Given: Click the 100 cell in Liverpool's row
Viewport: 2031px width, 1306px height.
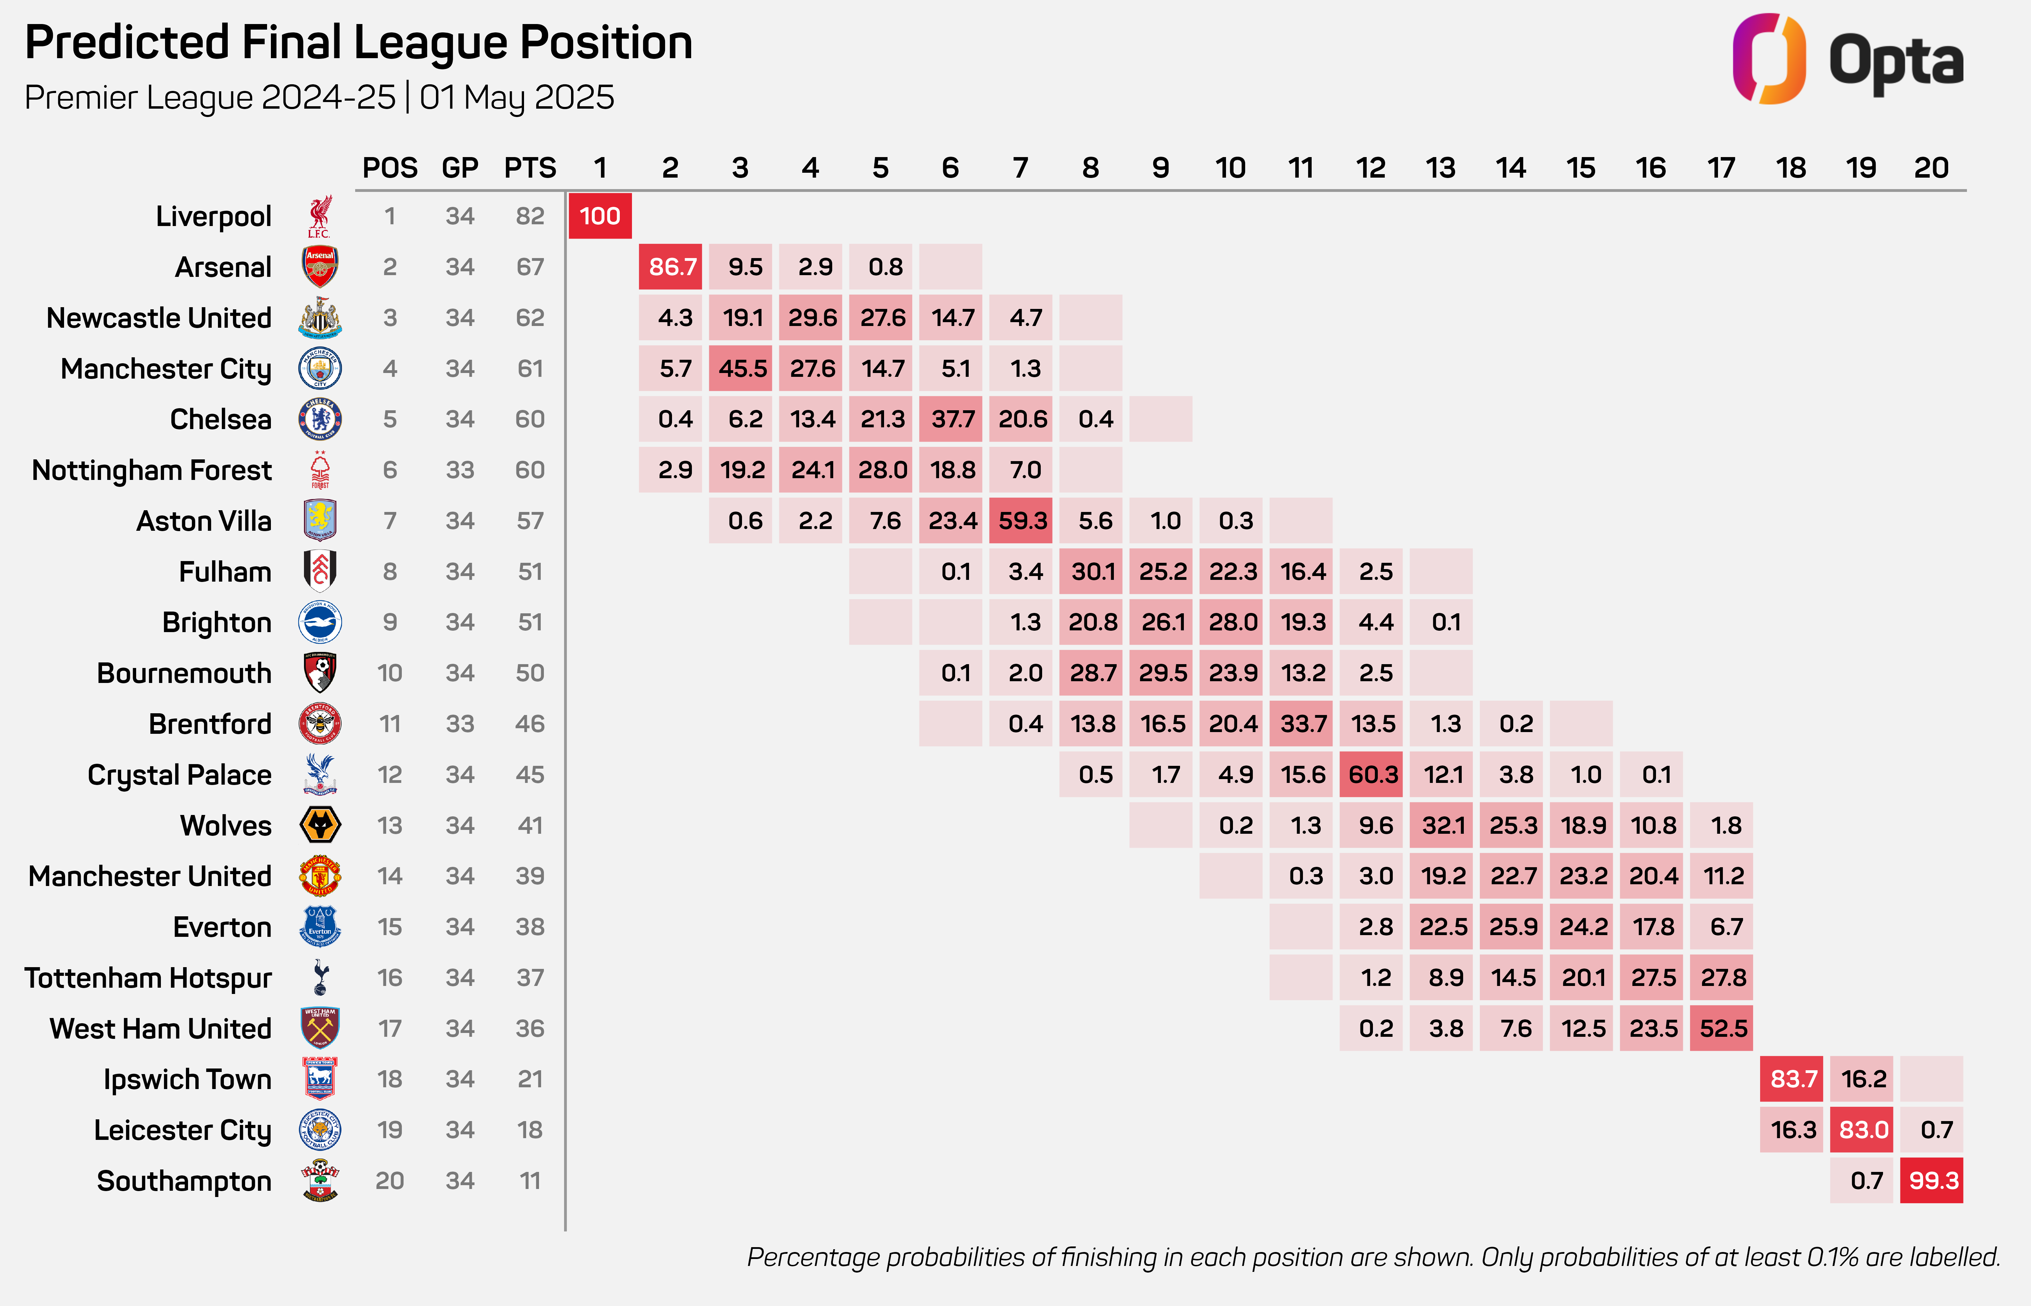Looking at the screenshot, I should [600, 216].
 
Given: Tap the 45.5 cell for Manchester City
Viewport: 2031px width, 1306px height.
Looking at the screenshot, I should [741, 368].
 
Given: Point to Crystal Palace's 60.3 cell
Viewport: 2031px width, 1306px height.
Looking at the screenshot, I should [1371, 774].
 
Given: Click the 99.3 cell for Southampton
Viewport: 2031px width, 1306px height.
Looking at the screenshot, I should [1932, 1181].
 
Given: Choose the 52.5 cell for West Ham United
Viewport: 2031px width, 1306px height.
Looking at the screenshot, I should [1721, 1029].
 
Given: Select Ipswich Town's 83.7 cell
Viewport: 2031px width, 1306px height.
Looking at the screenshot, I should [1792, 1079].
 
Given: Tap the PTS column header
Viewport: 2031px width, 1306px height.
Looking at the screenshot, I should [530, 168].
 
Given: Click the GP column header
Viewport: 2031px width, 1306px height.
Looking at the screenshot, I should [459, 168].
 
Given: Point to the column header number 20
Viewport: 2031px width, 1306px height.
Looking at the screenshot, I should [1931, 168].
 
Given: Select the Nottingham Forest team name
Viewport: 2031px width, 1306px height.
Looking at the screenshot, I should [152, 470].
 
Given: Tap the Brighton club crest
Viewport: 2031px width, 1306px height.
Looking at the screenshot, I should [320, 622].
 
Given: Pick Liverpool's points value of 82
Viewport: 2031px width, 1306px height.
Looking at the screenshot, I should [530, 216].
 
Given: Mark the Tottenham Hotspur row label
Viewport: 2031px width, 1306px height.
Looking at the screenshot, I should [148, 978].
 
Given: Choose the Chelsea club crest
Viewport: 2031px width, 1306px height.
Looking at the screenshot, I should [320, 419].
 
